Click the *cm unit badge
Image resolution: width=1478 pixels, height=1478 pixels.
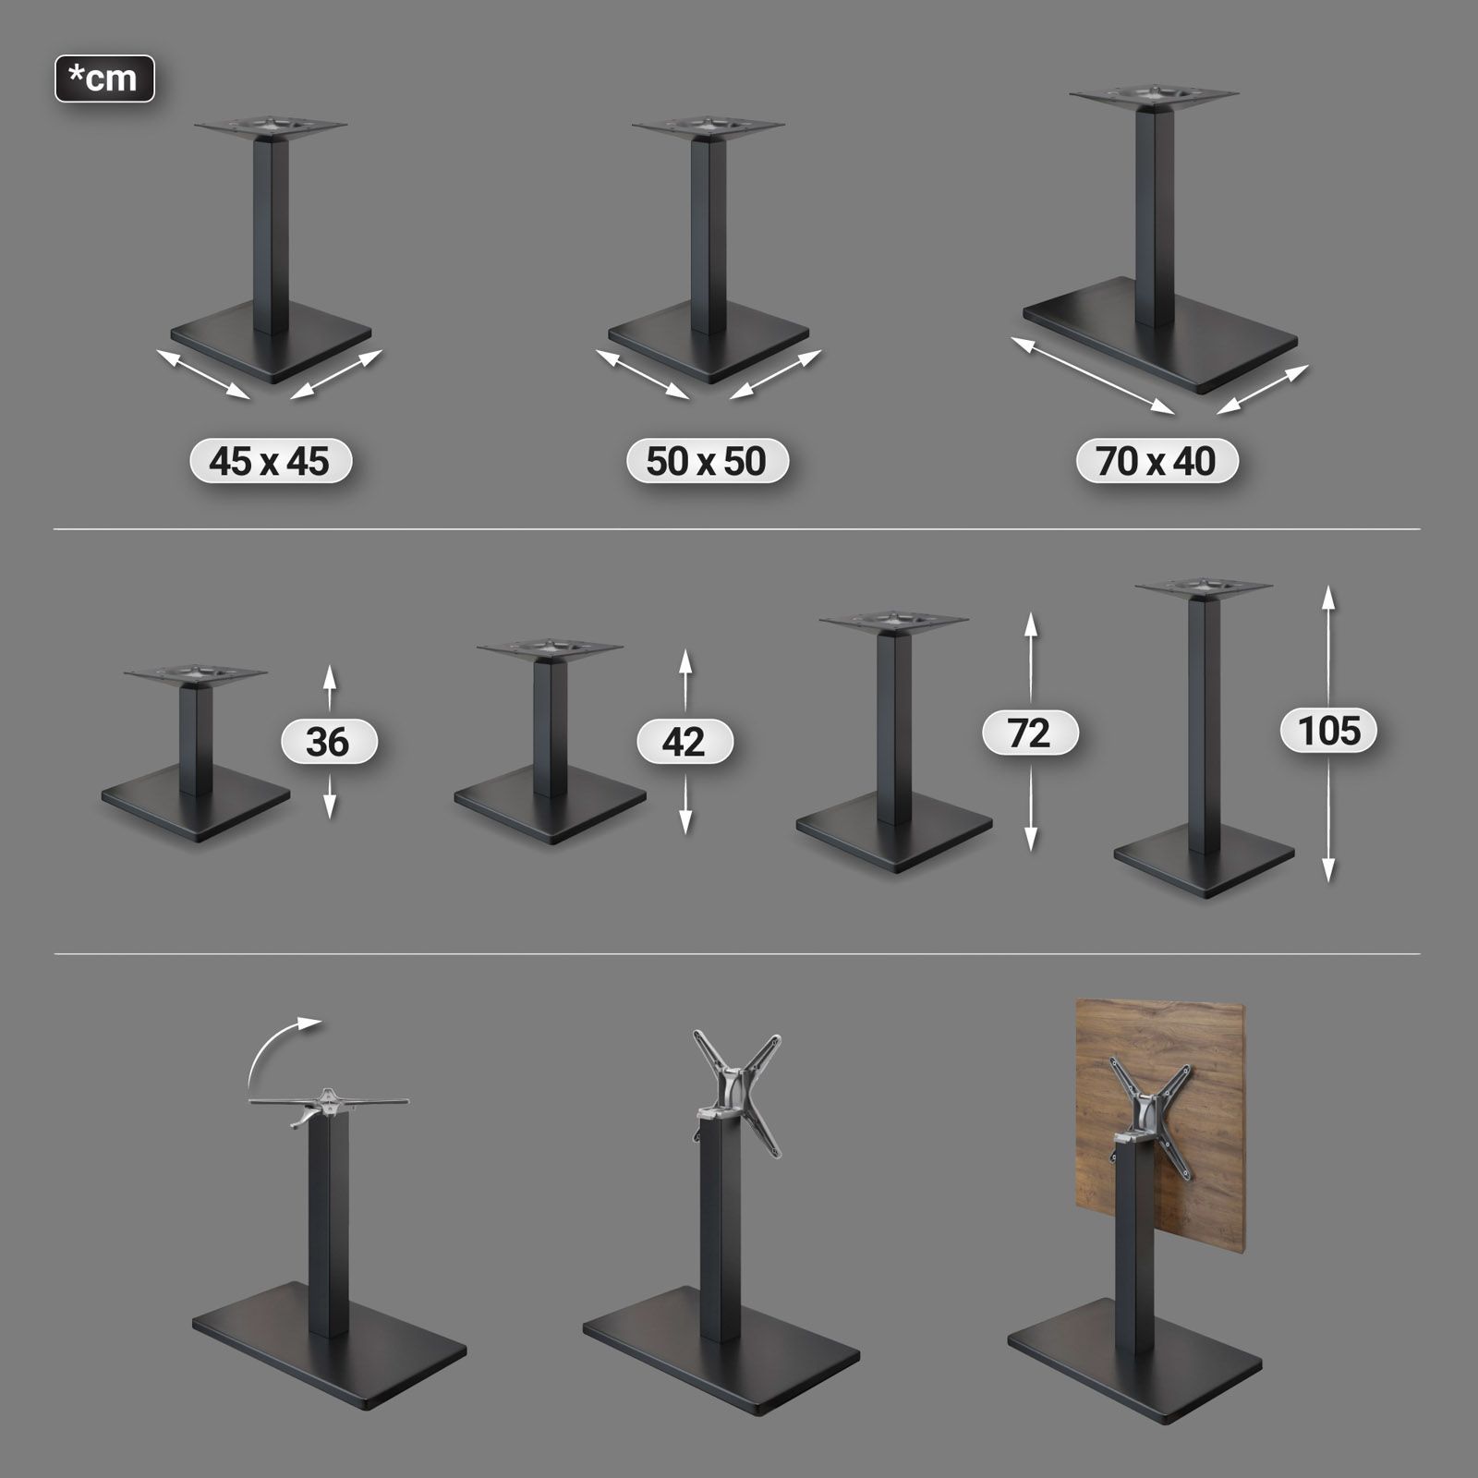(x=104, y=79)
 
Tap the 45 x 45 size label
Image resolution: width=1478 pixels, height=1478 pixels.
(x=270, y=461)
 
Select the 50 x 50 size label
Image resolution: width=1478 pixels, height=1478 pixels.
(x=707, y=461)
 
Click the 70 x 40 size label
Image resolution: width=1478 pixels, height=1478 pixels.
(x=1157, y=461)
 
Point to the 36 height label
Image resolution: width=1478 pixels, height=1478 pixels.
(x=329, y=742)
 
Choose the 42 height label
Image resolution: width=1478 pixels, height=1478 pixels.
(x=684, y=742)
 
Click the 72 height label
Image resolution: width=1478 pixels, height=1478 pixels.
(x=1030, y=733)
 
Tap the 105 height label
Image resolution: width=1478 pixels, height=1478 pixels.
(x=1328, y=731)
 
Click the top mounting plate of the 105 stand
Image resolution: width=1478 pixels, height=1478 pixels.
(x=1204, y=588)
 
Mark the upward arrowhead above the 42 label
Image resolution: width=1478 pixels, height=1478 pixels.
(x=684, y=660)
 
